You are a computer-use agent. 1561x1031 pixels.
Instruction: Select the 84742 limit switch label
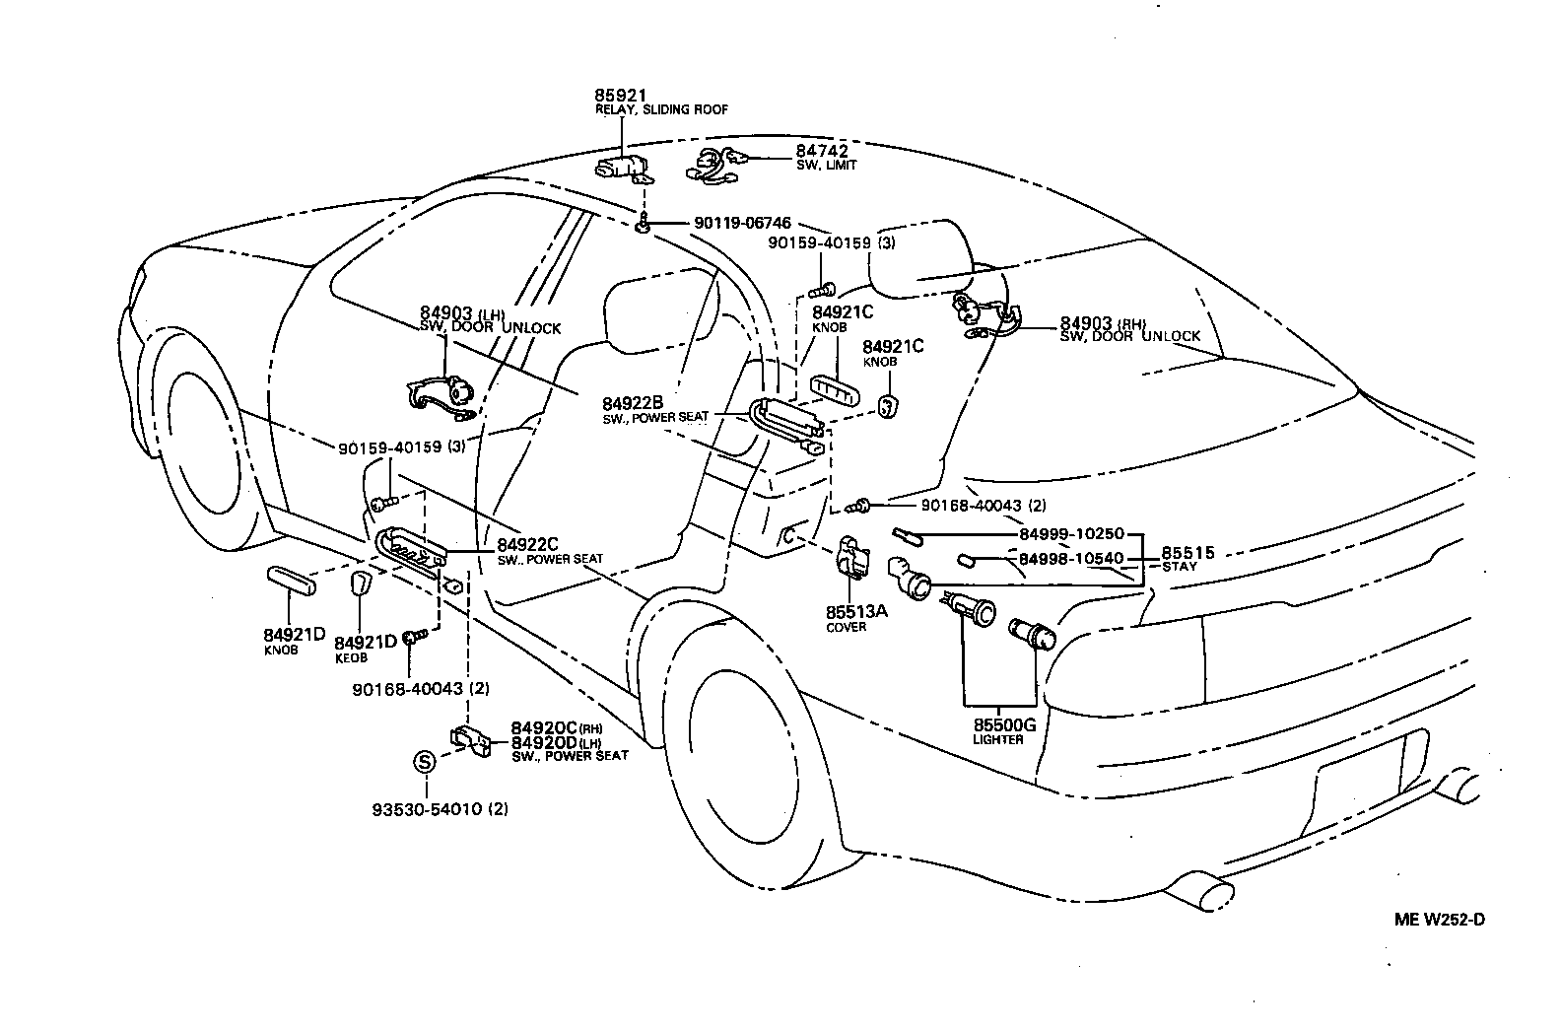click(822, 151)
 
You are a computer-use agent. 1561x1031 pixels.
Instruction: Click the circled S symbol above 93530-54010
click(424, 762)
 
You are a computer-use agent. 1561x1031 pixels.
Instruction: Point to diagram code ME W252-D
click(1439, 920)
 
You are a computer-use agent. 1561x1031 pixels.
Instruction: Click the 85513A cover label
click(856, 611)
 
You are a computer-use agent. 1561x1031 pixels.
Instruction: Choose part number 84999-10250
click(1071, 533)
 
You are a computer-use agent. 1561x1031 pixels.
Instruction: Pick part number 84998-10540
click(1071, 559)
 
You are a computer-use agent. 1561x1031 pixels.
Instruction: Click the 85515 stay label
click(1188, 553)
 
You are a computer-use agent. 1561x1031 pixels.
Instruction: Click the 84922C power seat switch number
click(527, 544)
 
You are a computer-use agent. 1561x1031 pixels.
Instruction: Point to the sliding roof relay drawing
click(623, 168)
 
